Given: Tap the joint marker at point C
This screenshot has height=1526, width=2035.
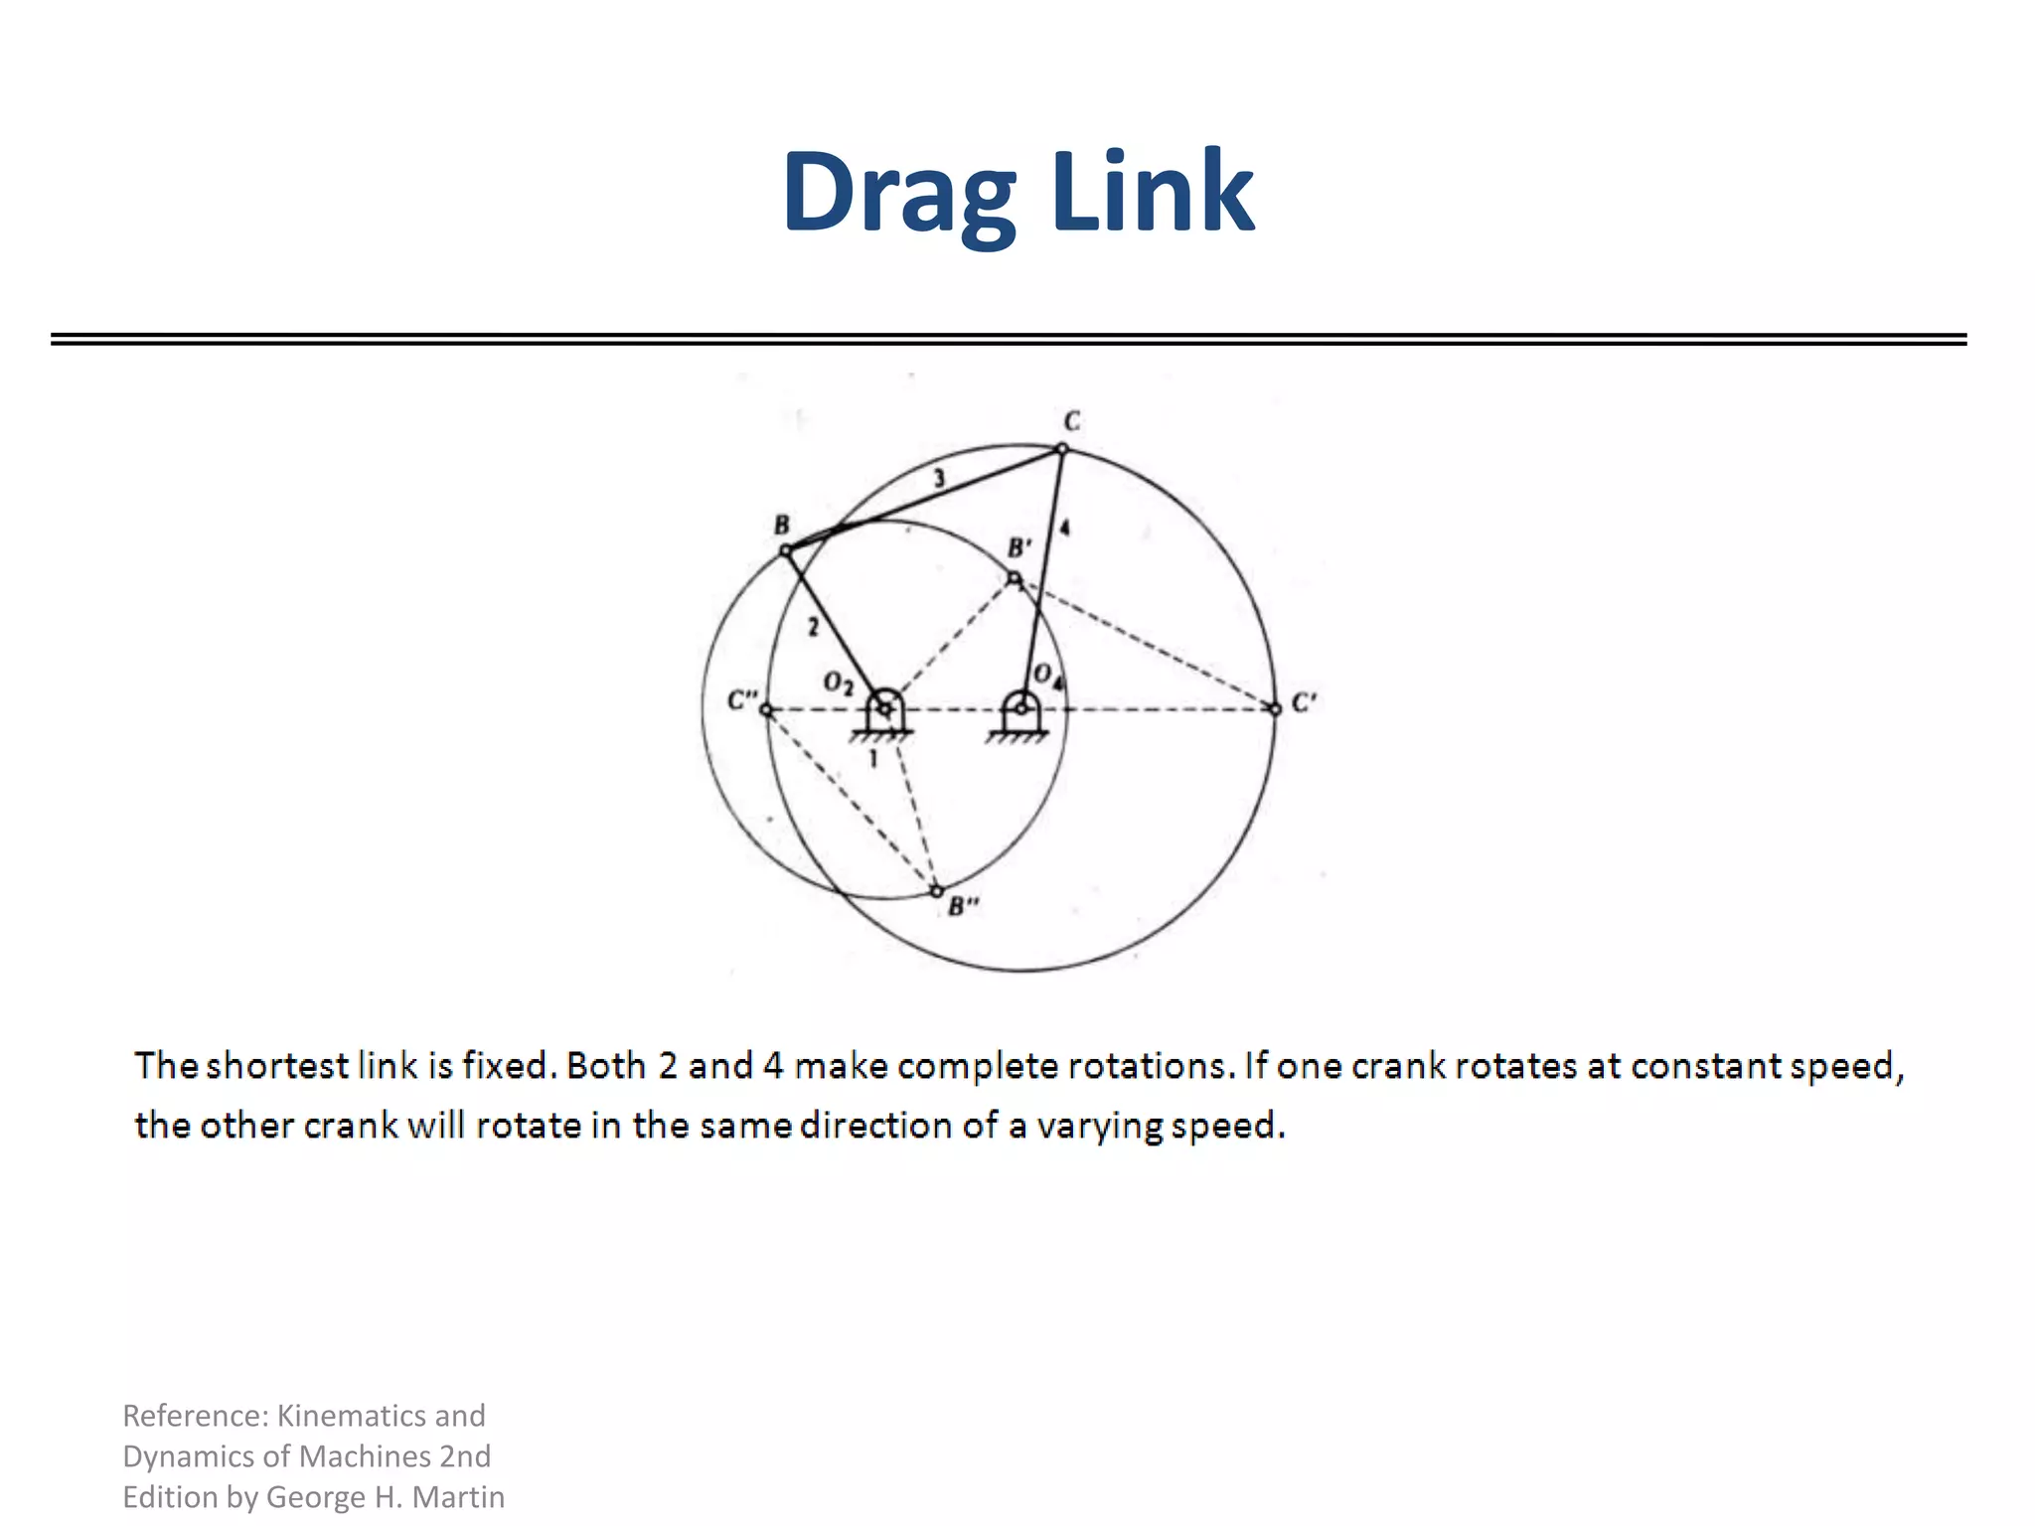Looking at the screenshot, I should click(x=1061, y=449).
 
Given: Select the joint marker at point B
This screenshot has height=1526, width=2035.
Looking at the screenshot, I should click(x=785, y=549).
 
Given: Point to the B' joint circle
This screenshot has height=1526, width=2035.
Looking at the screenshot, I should click(x=1014, y=577).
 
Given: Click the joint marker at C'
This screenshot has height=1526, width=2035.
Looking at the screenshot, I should click(x=1276, y=708).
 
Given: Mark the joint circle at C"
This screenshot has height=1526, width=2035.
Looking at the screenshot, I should click(x=765, y=708).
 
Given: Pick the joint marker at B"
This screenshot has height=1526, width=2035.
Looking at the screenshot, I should click(x=936, y=891).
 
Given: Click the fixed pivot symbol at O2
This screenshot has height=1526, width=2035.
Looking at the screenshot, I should click(x=883, y=711).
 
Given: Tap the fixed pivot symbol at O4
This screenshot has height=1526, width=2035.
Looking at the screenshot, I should click(x=1019, y=711).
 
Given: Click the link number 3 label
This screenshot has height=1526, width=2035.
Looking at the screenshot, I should click(x=939, y=480).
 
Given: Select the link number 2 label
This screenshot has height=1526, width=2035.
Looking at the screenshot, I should click(x=813, y=627).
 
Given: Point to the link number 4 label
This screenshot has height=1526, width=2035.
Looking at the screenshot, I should click(x=1065, y=528).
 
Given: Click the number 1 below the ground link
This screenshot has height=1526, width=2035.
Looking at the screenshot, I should click(x=873, y=759).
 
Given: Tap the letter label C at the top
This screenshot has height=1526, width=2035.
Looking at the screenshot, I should click(x=1071, y=422).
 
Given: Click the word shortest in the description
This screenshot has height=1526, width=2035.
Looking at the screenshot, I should click(x=276, y=1065).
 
